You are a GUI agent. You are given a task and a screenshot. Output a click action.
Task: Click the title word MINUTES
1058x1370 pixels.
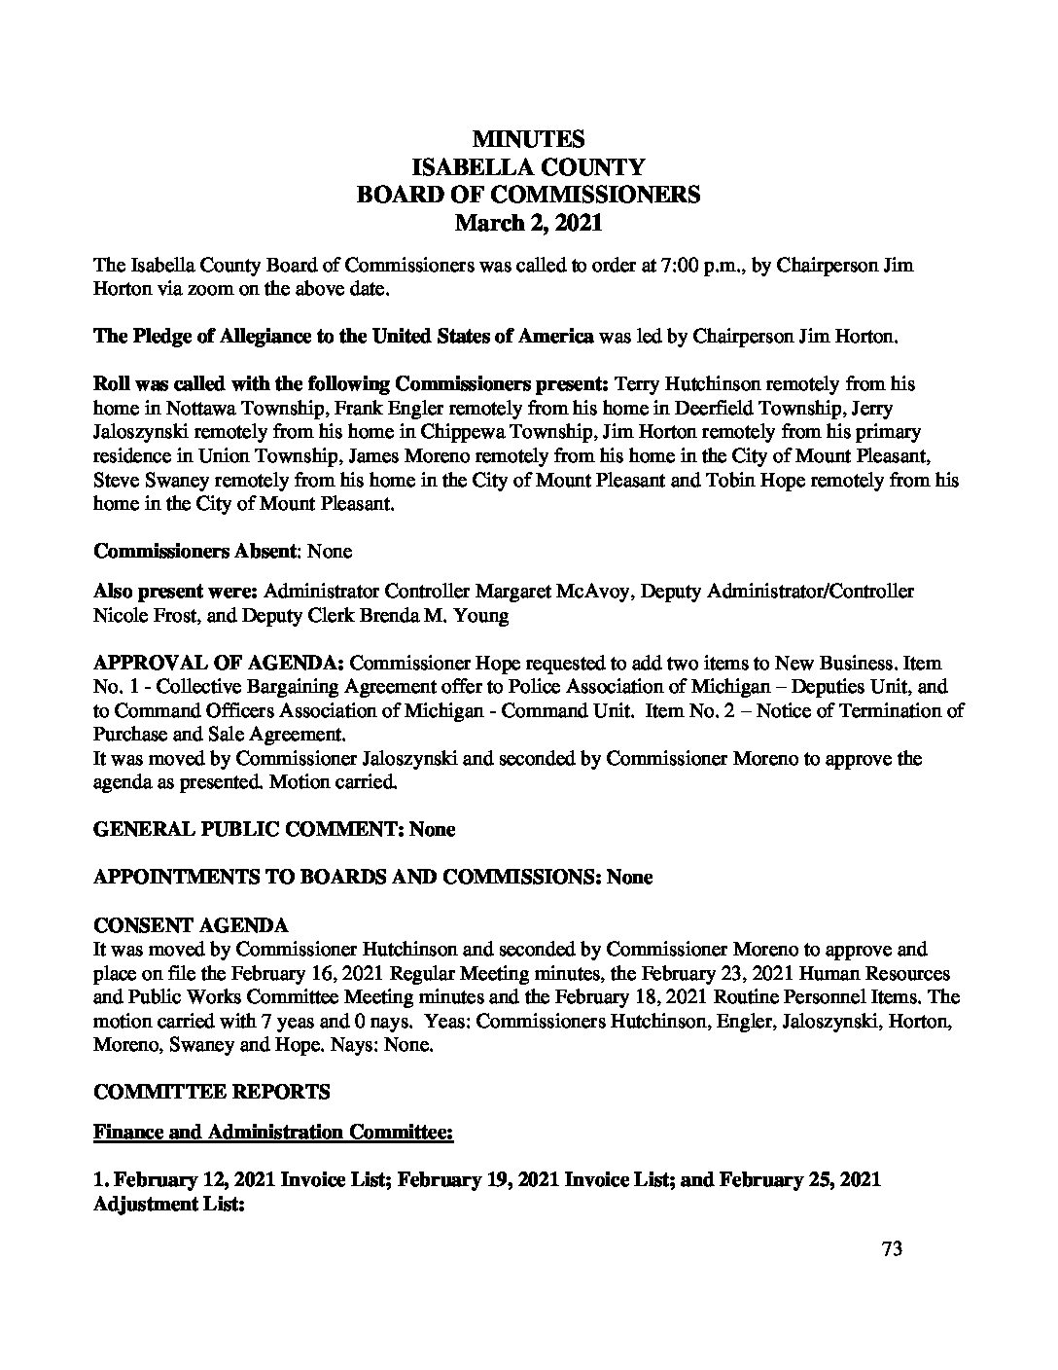[528, 140]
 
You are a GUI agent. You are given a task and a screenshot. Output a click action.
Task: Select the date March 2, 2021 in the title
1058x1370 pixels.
[528, 223]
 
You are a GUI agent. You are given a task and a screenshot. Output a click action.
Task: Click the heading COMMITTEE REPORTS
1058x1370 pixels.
[211, 1092]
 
